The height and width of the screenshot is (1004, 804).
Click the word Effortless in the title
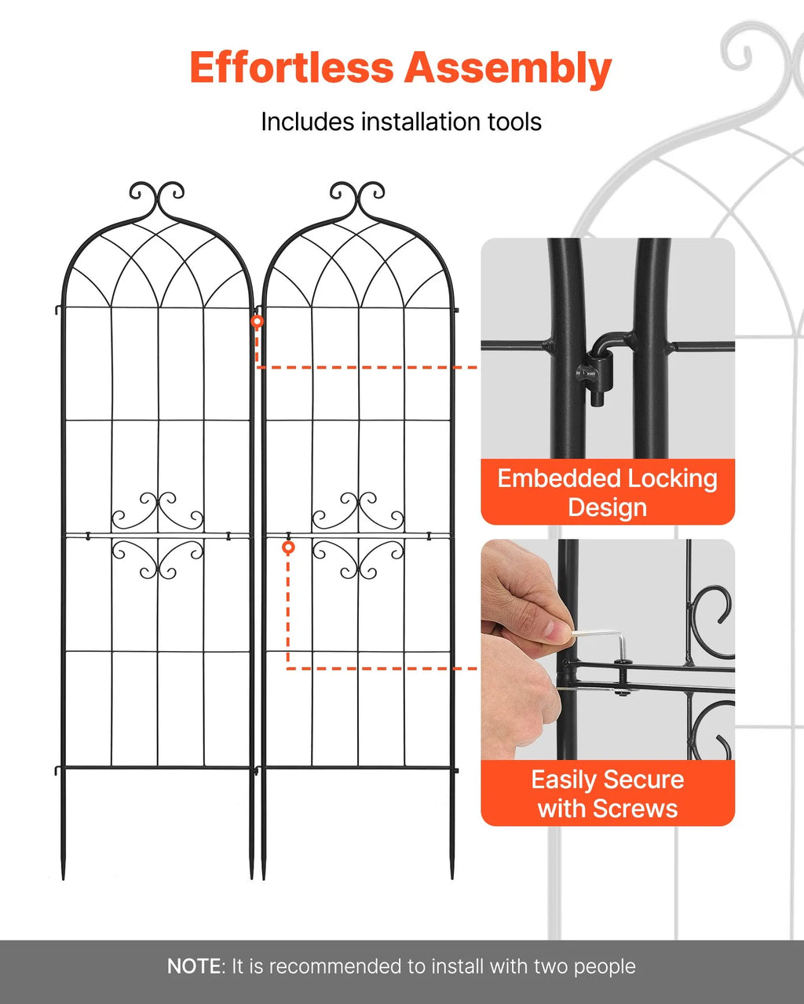coord(291,68)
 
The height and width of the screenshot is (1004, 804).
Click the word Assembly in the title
coord(507,68)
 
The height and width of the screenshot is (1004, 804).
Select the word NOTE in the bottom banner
coord(195,966)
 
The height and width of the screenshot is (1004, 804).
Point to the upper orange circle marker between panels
coord(257,322)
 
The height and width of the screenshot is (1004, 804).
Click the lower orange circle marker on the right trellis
coord(288,547)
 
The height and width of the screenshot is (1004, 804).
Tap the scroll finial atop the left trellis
coord(157,196)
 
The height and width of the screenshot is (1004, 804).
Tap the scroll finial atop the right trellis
coord(357,196)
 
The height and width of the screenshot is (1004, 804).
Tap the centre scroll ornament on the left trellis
coord(158,535)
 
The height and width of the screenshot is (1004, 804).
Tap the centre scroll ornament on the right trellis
coord(358,535)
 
